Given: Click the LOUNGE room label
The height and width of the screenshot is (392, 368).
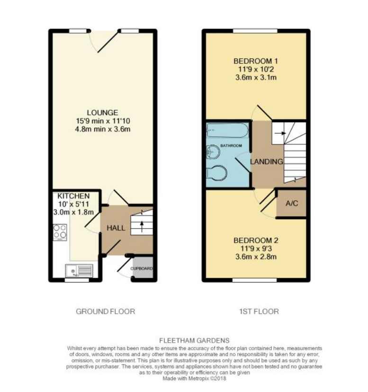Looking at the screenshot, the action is click(102, 113).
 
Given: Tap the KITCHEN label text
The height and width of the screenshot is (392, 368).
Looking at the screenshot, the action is click(73, 196).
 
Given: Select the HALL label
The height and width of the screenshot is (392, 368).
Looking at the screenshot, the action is click(116, 228).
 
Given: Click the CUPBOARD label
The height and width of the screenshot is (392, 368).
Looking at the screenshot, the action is click(142, 269).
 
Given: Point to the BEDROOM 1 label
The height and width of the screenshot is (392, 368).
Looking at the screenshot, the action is click(256, 61).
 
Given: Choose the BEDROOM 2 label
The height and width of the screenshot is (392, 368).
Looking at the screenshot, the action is click(256, 241).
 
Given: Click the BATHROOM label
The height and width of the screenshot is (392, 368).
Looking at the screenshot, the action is click(231, 145).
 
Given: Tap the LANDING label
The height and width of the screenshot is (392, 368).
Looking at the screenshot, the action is click(267, 162).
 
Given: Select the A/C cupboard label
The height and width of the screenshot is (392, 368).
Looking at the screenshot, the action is click(292, 203).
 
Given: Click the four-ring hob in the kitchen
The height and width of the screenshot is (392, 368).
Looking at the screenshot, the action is click(60, 232).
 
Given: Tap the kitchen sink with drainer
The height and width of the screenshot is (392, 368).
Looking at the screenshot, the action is click(79, 271).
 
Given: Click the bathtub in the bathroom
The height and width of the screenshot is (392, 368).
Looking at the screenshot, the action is click(227, 130).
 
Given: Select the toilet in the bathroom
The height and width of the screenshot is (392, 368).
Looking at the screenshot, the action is click(216, 173).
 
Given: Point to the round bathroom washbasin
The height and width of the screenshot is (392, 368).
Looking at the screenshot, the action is click(213, 152).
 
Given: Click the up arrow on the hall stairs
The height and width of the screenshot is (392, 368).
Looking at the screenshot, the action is click(142, 226).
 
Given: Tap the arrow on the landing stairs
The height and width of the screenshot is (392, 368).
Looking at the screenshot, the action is click(280, 133).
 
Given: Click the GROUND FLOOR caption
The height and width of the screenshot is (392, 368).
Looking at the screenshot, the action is click(106, 312).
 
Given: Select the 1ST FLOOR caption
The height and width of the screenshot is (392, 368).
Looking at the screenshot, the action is click(259, 312).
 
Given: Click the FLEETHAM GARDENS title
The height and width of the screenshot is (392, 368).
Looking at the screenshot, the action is click(194, 340).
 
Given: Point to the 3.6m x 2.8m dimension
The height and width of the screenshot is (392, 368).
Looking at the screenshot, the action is click(256, 257).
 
